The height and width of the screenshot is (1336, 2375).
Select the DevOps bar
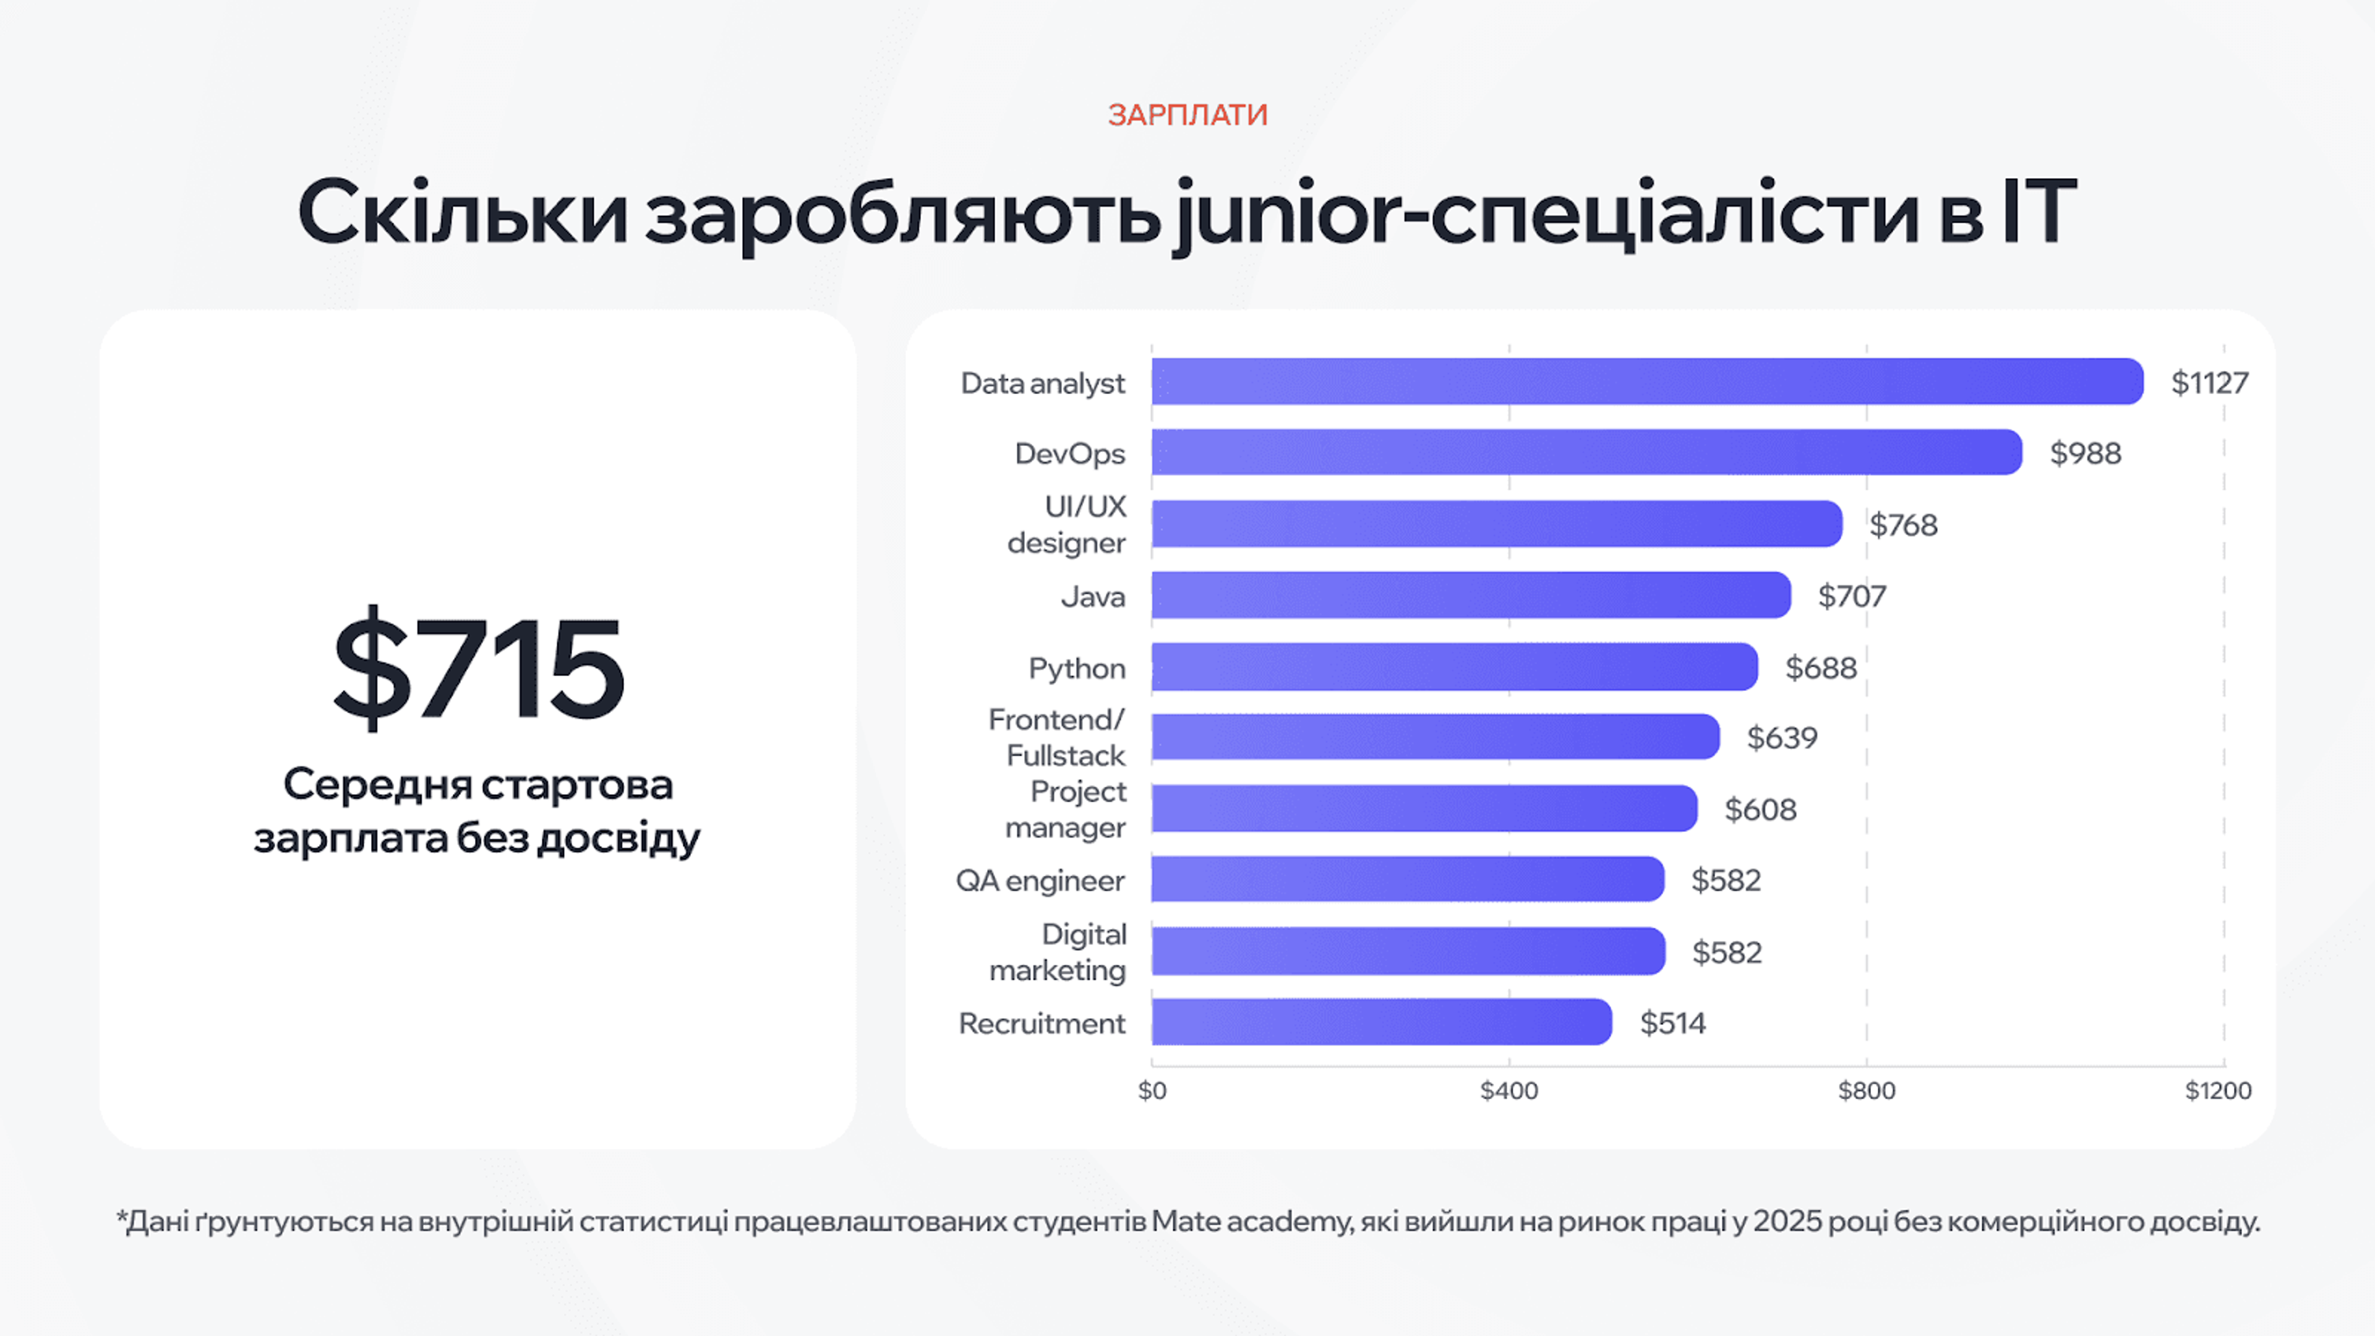1586,453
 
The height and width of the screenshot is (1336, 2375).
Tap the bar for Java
1471,596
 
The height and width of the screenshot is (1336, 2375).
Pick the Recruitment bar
1381,1022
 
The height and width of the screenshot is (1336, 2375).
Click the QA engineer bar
1407,880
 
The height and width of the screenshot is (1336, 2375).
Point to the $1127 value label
2209,383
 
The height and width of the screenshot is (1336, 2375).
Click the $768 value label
1903,525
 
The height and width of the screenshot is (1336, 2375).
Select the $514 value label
1672,1022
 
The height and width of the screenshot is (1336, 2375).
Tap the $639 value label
1781,738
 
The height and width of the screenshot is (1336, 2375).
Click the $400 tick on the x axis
1508,1090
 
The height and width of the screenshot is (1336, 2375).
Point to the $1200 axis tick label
2217,1090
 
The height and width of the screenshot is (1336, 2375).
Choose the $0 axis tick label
1152,1090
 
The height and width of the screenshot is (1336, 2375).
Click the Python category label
1076,667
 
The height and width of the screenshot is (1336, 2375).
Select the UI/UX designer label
1068,525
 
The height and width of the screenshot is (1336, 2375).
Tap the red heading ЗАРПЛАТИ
1187,114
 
